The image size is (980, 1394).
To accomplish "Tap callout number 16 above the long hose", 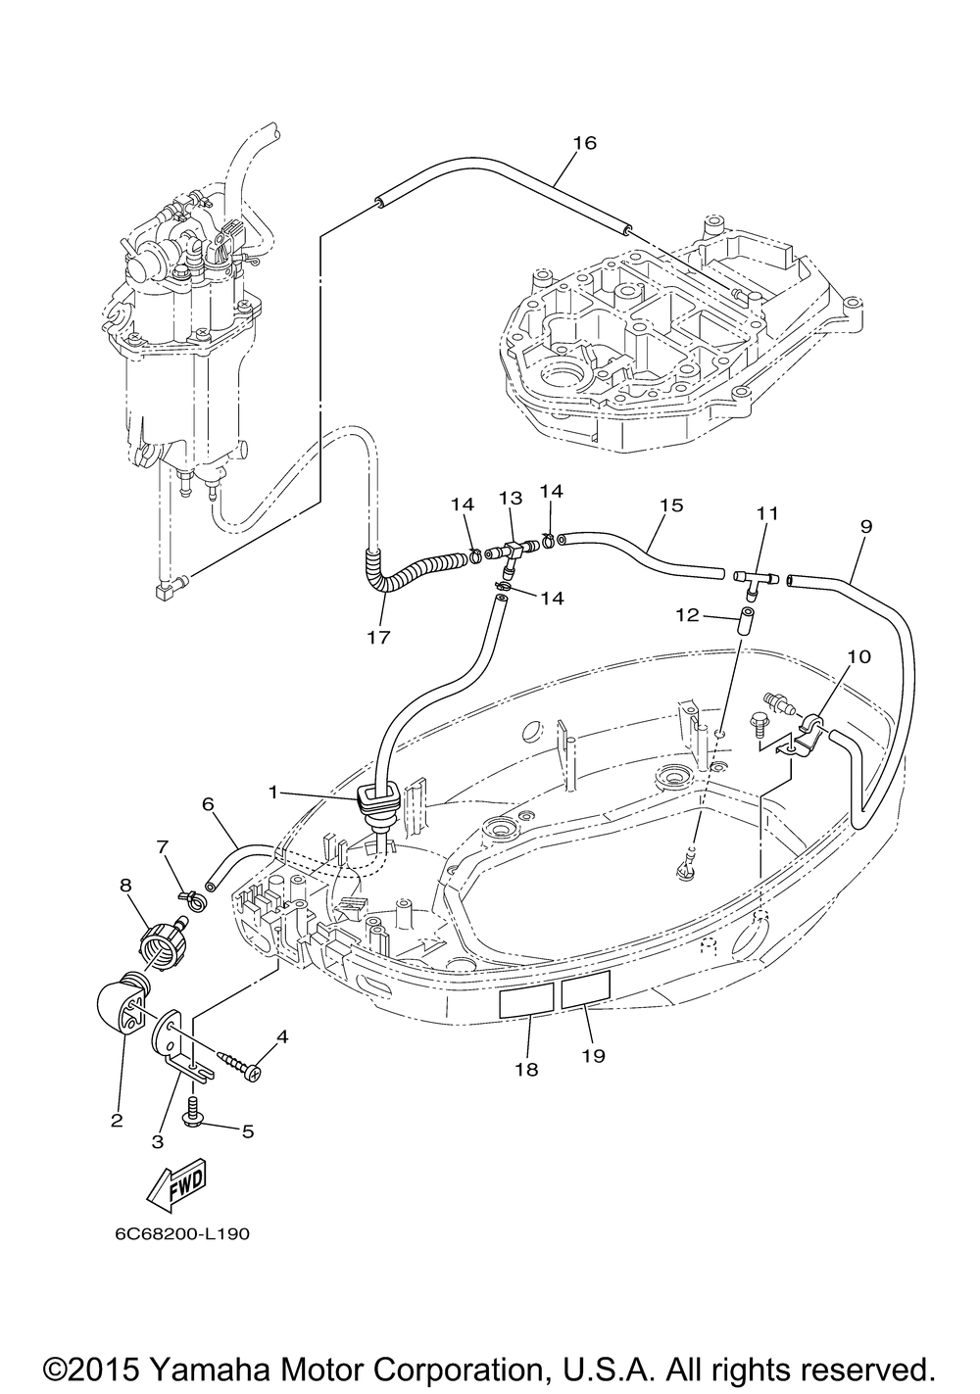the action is pyautogui.click(x=585, y=143).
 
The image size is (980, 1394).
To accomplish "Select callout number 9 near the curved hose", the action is pyautogui.click(x=866, y=526).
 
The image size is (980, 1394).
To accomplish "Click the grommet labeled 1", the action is pyautogui.click(x=375, y=805).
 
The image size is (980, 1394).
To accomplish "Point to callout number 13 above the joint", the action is pyautogui.click(x=510, y=498).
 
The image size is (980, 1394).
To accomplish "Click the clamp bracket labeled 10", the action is pyautogui.click(x=807, y=732).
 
